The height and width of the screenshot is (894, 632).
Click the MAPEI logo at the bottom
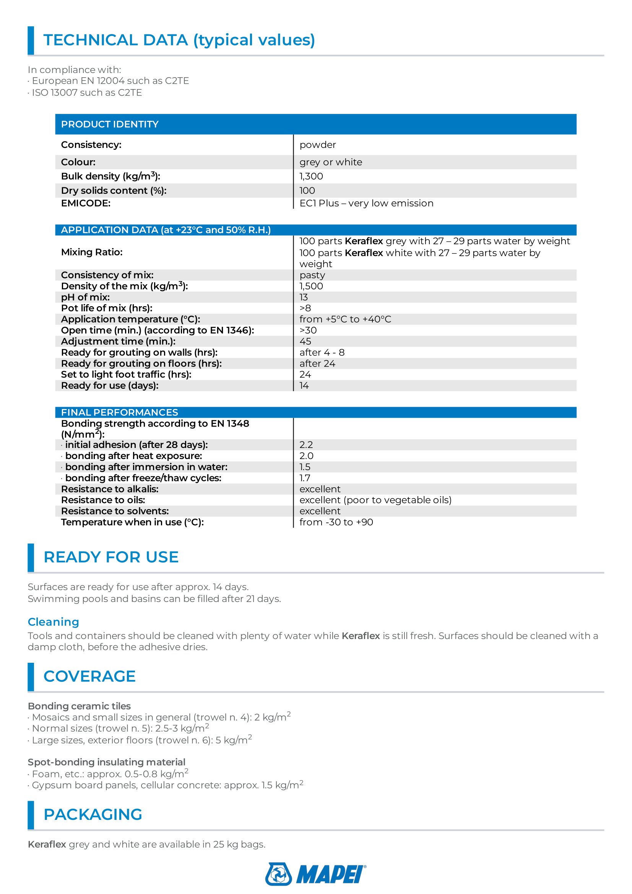pos(315,874)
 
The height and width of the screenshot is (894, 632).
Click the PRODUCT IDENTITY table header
pos(110,124)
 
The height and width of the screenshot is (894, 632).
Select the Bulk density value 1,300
pos(311,176)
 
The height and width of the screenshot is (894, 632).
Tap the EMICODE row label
pos(86,203)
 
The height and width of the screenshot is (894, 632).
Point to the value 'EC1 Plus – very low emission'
pos(366,203)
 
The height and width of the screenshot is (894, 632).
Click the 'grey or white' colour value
pos(331,162)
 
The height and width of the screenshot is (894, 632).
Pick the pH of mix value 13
pos(303,297)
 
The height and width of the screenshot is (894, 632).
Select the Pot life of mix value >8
pos(305,308)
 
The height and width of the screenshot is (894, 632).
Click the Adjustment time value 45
pos(305,341)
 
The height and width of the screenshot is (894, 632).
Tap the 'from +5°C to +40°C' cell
pos(345,319)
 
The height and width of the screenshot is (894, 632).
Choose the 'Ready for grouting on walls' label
pos(139,352)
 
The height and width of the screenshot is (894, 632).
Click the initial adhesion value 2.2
pos(306,445)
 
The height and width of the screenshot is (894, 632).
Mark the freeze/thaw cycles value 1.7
pos(305,478)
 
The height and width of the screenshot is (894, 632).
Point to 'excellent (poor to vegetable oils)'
pos(375,500)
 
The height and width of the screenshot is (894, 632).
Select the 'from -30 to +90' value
pos(336,522)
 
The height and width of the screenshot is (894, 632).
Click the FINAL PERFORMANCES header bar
pos(120,412)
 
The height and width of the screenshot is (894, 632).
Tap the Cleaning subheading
pos(54,622)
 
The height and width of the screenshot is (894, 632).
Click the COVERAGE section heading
pos(89,677)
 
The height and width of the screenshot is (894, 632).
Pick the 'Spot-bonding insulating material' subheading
pos(106,762)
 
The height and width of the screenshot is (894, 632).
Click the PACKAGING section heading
pos(93,814)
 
